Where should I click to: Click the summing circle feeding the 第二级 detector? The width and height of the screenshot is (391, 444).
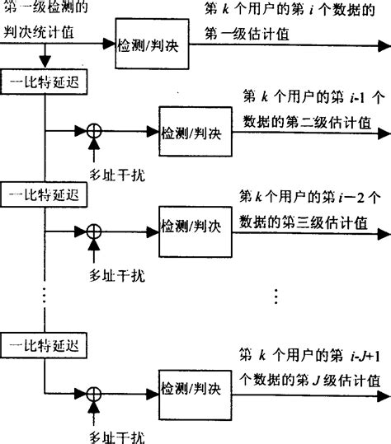click(95, 130)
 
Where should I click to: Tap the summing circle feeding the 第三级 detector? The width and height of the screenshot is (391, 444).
click(95, 223)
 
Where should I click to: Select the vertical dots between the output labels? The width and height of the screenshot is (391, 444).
click(276, 294)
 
